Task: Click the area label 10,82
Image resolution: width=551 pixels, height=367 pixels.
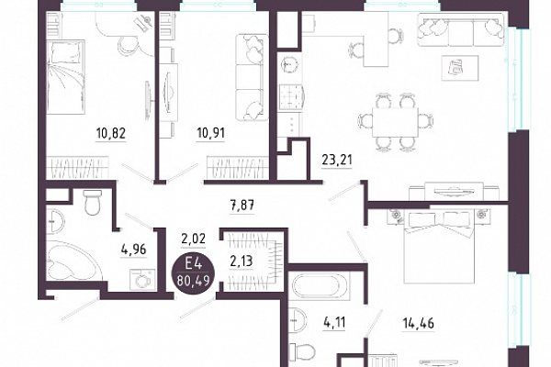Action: [111, 133]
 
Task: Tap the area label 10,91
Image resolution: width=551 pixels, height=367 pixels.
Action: [210, 133]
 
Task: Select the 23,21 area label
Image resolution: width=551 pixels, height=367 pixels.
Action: [337, 161]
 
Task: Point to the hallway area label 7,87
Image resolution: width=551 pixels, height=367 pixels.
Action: [242, 205]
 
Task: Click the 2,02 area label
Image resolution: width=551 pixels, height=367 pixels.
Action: [193, 239]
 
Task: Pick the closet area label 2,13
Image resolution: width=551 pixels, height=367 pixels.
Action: [242, 261]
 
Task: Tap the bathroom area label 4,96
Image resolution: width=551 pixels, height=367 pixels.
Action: [133, 250]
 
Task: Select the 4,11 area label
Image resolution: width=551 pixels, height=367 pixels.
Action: [334, 322]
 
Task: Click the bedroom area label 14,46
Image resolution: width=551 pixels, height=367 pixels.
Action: [418, 322]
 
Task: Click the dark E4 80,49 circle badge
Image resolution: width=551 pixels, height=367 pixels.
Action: [193, 272]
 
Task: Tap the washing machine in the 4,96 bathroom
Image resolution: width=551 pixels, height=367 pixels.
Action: [142, 279]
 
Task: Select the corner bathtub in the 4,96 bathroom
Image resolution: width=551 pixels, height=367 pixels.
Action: [73, 261]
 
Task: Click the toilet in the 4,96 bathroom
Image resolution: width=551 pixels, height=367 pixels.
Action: [93, 203]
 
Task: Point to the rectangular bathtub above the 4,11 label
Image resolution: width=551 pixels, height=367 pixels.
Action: [320, 286]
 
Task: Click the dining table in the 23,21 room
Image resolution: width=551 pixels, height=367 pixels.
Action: [395, 122]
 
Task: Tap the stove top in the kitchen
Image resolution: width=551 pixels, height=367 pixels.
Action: [290, 95]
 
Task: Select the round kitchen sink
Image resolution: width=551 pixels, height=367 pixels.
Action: [289, 64]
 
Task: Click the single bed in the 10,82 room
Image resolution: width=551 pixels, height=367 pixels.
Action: [66, 77]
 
